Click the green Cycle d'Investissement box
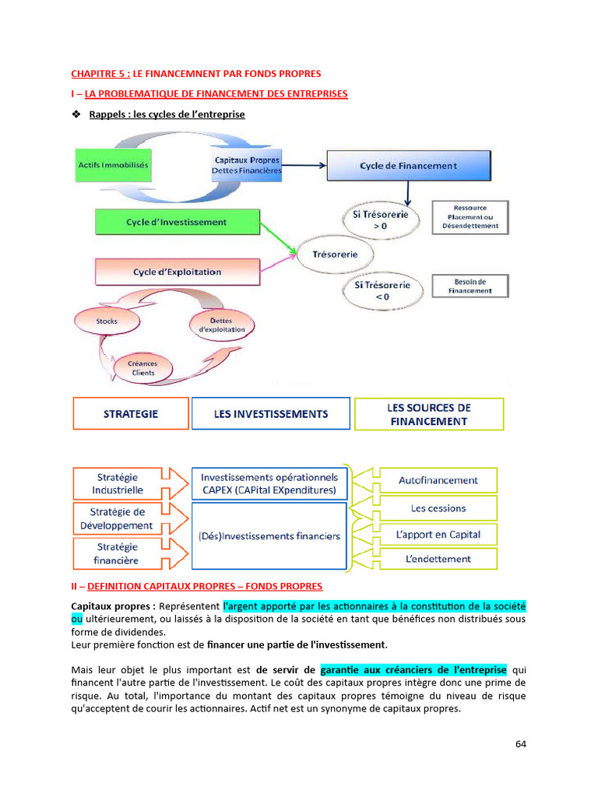pyautogui.click(x=177, y=222)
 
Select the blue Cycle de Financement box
pyautogui.click(x=408, y=166)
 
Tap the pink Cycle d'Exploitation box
pyautogui.click(x=177, y=272)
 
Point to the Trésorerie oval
pyautogui.click(x=335, y=255)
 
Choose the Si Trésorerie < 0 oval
pyautogui.click(x=382, y=291)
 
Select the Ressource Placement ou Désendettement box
pyautogui.click(x=470, y=217)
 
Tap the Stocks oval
pyautogui.click(x=107, y=321)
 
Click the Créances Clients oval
pyautogui.click(x=142, y=367)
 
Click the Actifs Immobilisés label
pyautogui.click(x=114, y=165)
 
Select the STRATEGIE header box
pyautogui.click(x=131, y=414)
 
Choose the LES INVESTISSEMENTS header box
pyautogui.click(x=271, y=414)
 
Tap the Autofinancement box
pyautogui.click(x=438, y=480)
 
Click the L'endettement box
pyautogui.click(x=438, y=558)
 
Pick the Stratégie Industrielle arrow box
pyautogui.click(x=125, y=483)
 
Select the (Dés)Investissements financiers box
pyautogui.click(x=269, y=535)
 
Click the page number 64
pyautogui.click(x=521, y=743)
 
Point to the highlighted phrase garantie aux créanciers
pyautogui.click(x=413, y=669)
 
